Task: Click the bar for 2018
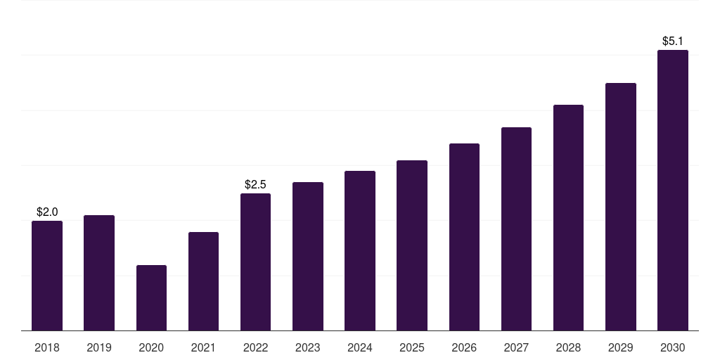pos(47,276)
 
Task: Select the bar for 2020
pos(152,297)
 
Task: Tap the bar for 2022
pos(255,262)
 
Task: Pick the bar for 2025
pos(412,245)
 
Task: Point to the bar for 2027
pos(516,229)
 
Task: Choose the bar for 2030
pos(673,190)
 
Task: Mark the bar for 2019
pos(99,273)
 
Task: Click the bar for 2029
pos(621,207)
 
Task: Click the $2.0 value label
pos(47,212)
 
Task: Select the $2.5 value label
pos(255,185)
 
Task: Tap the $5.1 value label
pos(673,41)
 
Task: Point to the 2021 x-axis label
pos(203,347)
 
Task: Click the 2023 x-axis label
pos(308,347)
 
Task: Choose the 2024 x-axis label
pos(360,347)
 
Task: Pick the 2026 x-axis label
pos(464,347)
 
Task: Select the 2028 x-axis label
pos(568,347)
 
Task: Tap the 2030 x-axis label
pos(673,347)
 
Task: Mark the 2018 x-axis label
pos(47,347)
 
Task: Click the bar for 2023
pos(308,256)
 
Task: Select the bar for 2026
pos(464,237)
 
